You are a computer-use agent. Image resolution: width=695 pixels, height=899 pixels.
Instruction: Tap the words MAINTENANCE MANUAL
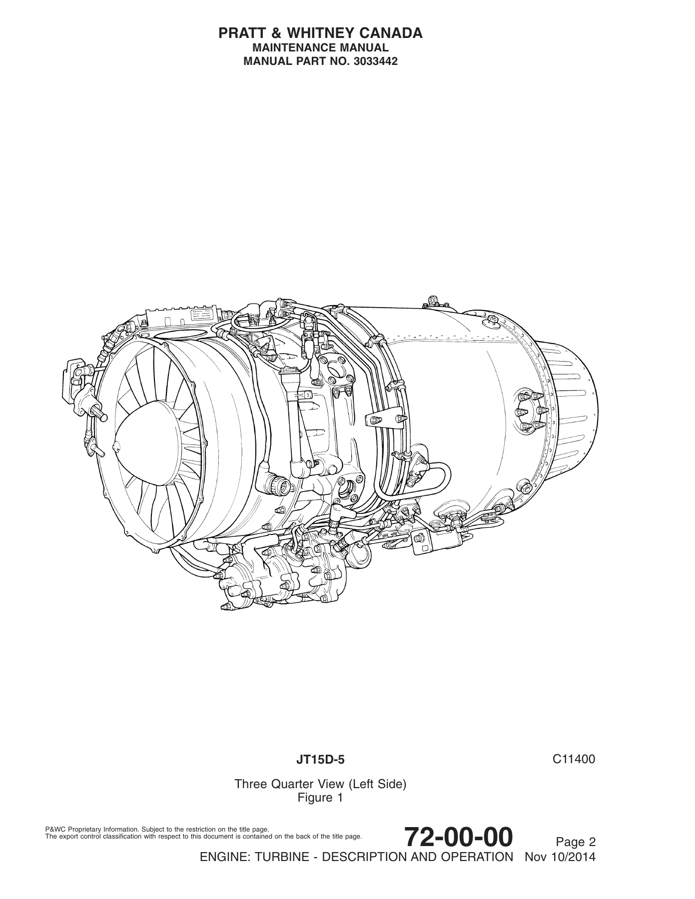coord(321,48)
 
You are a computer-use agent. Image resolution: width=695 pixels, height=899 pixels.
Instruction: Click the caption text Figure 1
coord(320,798)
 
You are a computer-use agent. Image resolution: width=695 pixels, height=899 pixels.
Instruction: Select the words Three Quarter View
coord(292,784)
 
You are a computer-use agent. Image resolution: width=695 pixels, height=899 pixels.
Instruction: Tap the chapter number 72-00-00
coord(458,837)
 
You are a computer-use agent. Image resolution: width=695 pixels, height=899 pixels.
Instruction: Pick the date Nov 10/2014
coord(560,857)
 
